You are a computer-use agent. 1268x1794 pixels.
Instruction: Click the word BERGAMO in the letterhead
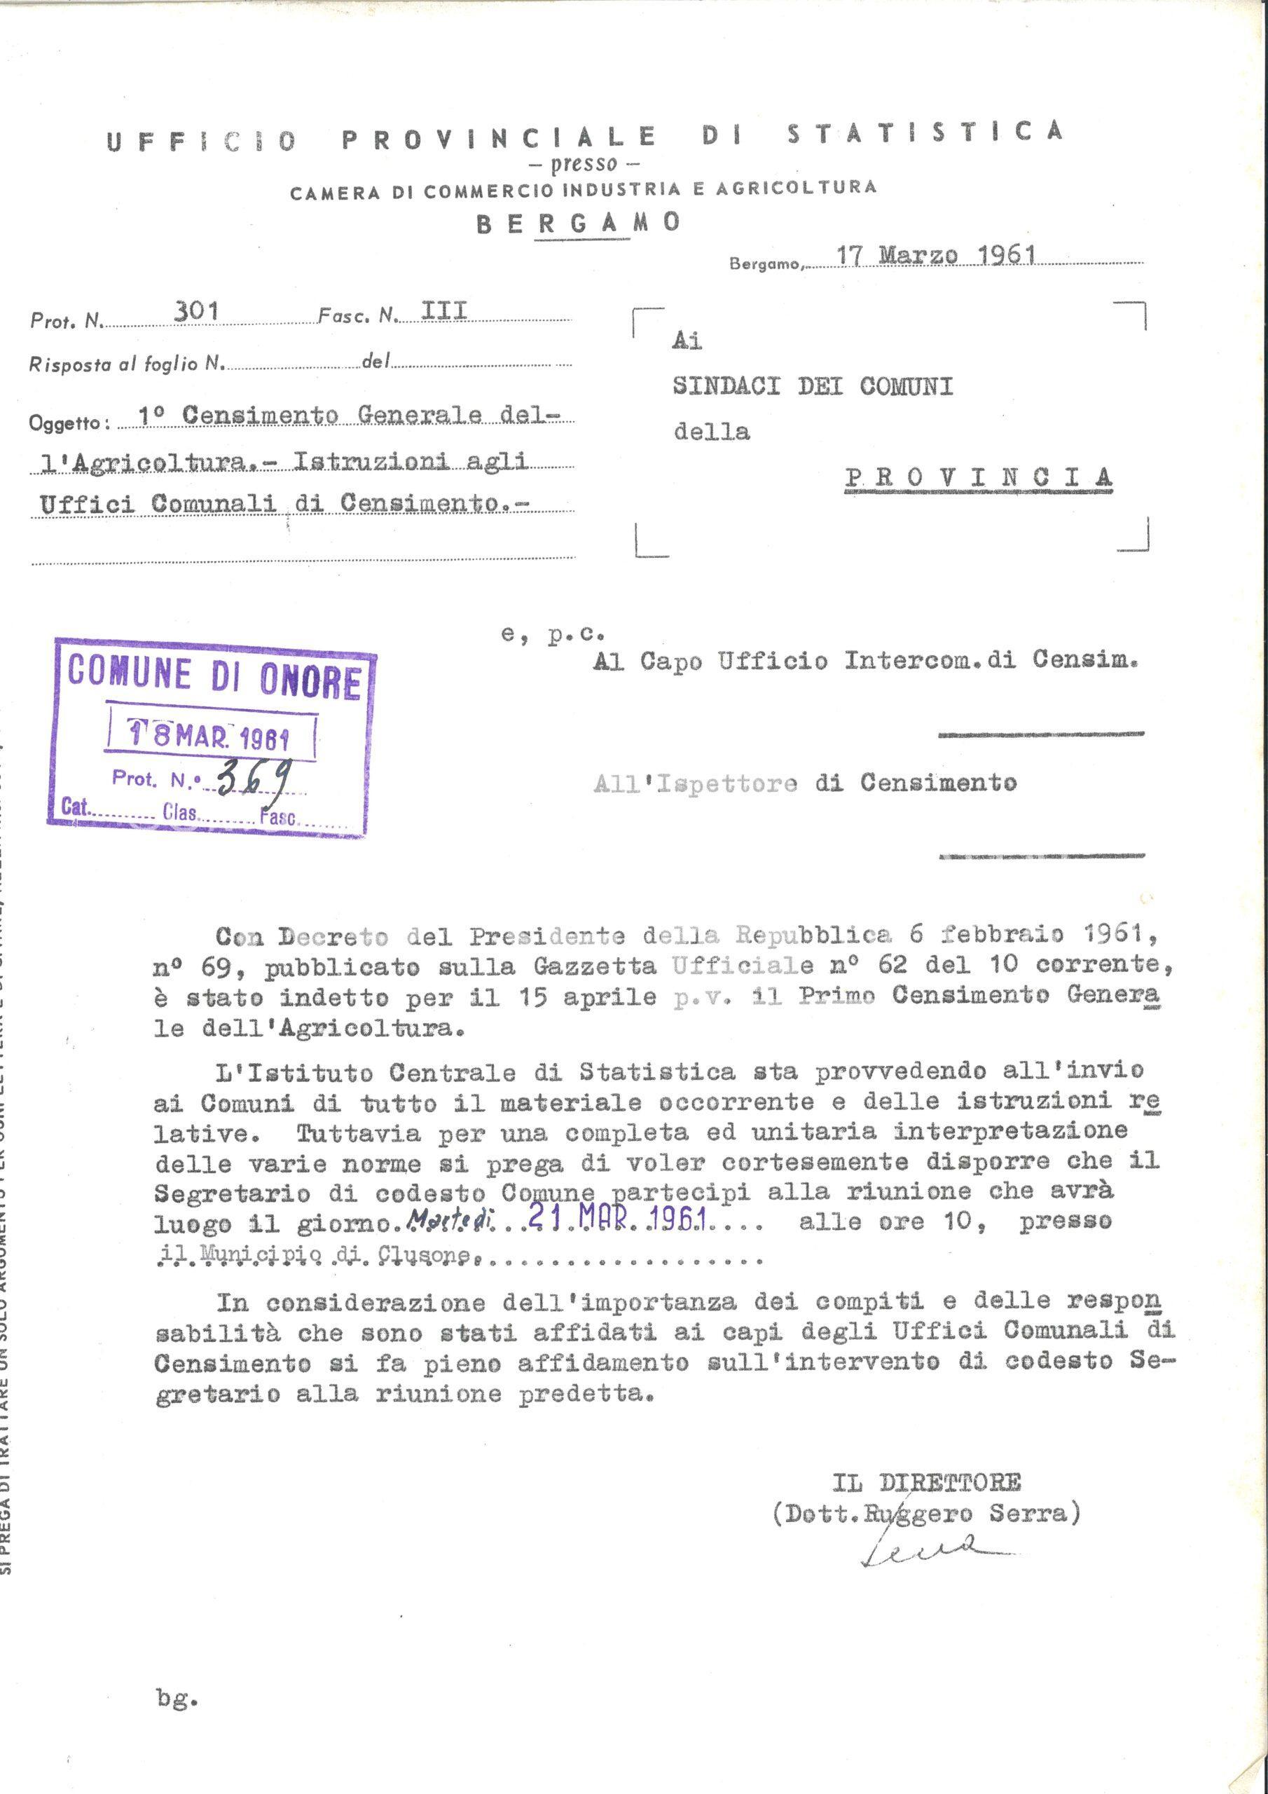577,224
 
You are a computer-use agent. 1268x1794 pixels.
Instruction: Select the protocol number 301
195,312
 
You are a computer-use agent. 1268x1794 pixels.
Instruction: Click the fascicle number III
443,312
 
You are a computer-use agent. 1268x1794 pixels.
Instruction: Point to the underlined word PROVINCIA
978,477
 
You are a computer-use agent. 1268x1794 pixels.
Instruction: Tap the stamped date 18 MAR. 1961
209,735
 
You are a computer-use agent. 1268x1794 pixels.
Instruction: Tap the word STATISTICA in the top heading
924,133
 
